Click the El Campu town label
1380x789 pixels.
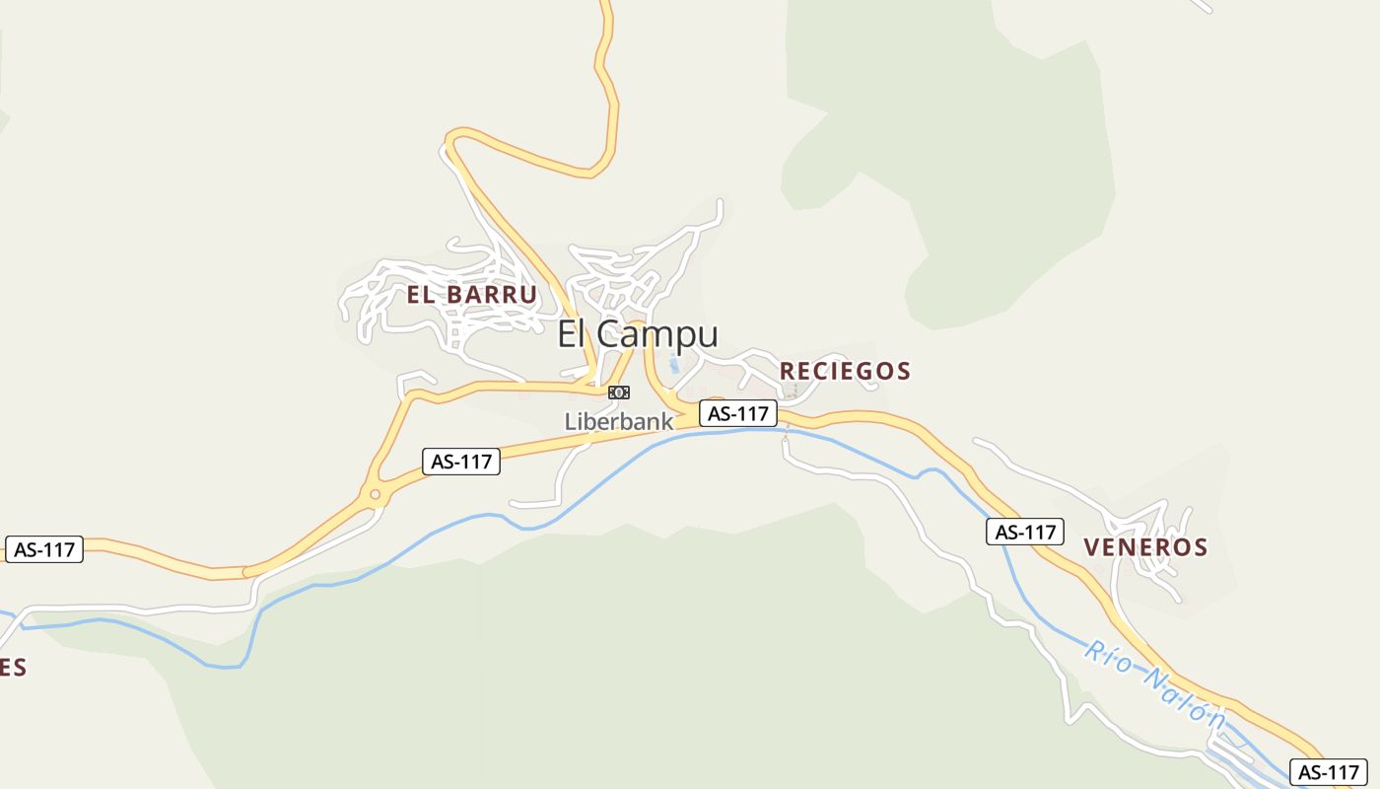coord(638,334)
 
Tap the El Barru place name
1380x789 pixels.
coord(472,294)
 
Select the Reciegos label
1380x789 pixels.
coord(845,371)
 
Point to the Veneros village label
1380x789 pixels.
coord(1145,547)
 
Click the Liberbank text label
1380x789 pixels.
coord(618,421)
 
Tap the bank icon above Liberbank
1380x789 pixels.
coord(619,393)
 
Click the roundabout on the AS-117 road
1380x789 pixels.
coord(375,494)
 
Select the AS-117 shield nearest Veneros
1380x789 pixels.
coord(1025,532)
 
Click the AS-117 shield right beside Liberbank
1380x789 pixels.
coord(738,413)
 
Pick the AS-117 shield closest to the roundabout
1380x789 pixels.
coord(462,461)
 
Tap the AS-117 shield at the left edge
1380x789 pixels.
coord(44,549)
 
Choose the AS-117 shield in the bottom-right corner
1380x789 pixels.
coord(1328,772)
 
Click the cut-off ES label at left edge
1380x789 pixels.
coord(13,668)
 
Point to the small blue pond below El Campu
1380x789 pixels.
coord(674,365)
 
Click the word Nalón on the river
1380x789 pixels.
coord(1184,698)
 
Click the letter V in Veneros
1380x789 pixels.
coord(1091,547)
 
